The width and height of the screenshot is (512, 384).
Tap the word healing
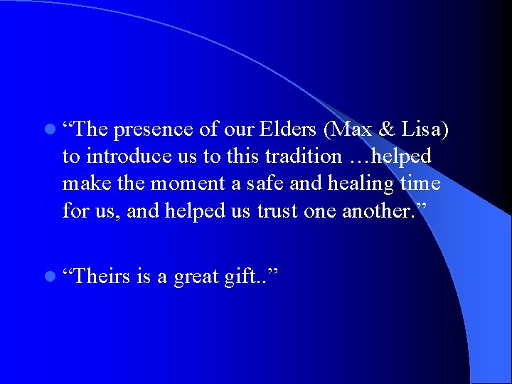pos(356,184)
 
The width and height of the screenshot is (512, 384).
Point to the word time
pos(420,183)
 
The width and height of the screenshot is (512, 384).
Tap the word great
pos(196,276)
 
